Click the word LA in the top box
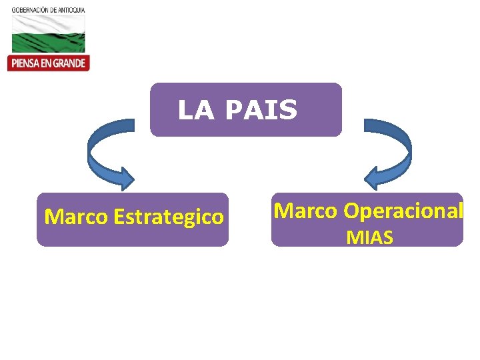click(x=195, y=111)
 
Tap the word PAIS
click(x=261, y=111)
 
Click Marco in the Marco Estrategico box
click(x=77, y=217)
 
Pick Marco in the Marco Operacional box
click(x=306, y=211)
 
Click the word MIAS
click(x=369, y=237)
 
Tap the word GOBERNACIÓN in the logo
click(x=29, y=11)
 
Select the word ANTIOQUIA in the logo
click(x=71, y=11)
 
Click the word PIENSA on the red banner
click(x=25, y=63)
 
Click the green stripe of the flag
click(x=47, y=44)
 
